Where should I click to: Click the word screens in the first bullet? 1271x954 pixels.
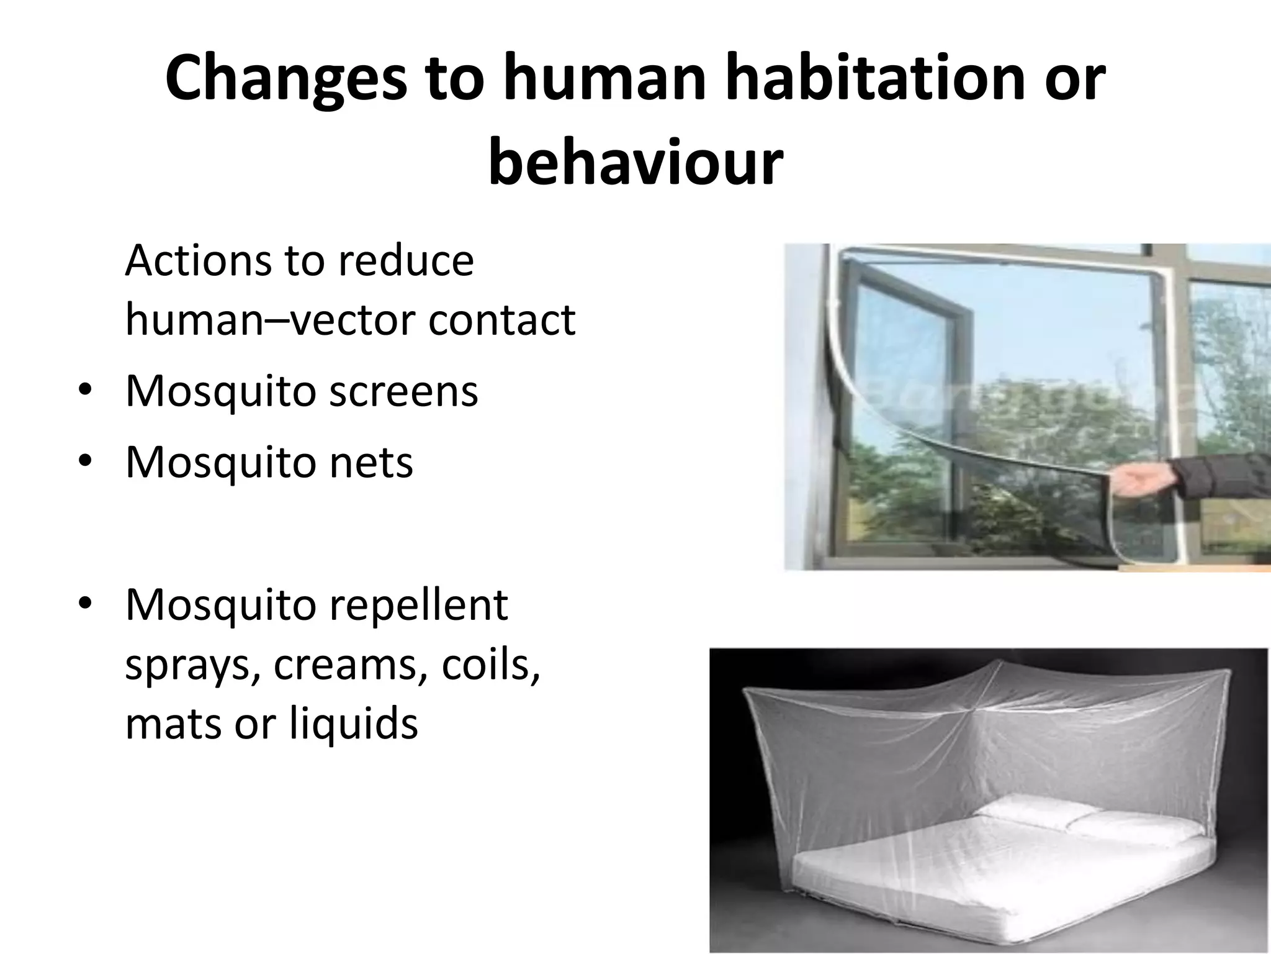403,391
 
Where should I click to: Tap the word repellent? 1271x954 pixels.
418,606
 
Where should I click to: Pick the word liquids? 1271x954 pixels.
354,724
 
